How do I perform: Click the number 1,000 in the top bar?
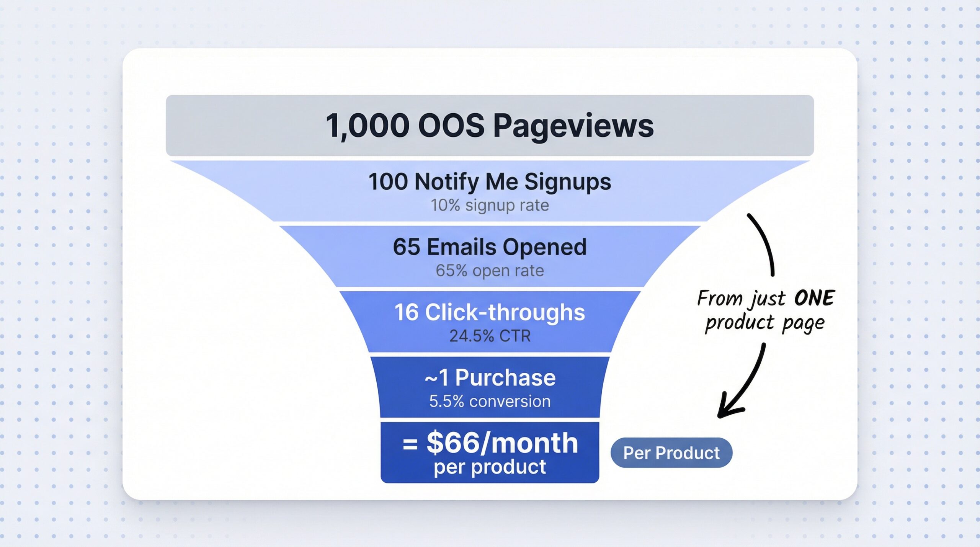(x=367, y=126)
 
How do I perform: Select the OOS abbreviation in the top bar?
(x=451, y=126)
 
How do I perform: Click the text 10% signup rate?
(x=490, y=206)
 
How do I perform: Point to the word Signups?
(x=567, y=181)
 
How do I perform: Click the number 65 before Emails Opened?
(x=406, y=247)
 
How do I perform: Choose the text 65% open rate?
(x=490, y=271)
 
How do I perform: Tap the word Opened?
(x=544, y=247)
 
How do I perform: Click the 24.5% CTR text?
(x=490, y=336)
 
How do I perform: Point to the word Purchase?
(x=505, y=378)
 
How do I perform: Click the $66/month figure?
(x=502, y=443)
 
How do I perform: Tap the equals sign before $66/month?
(x=410, y=444)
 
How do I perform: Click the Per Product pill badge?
(x=671, y=453)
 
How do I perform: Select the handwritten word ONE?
(x=814, y=298)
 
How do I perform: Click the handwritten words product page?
(x=764, y=323)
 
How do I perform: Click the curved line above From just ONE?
(x=764, y=243)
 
